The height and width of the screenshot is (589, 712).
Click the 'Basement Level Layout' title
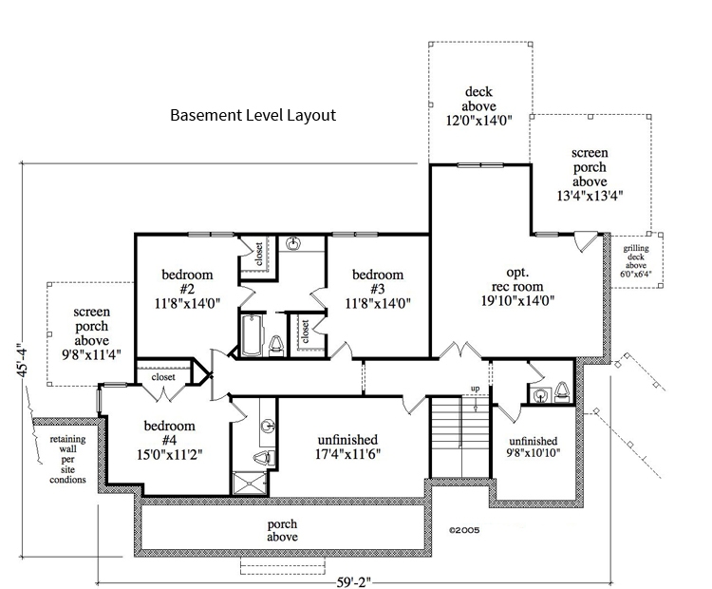pyautogui.click(x=253, y=116)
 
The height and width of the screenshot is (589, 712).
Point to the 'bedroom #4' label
pyautogui.click(x=170, y=439)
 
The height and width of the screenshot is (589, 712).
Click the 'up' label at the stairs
pyautogui.click(x=475, y=389)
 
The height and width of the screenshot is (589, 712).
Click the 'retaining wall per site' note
pyautogui.click(x=66, y=460)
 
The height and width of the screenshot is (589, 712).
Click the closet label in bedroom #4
pyautogui.click(x=164, y=376)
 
